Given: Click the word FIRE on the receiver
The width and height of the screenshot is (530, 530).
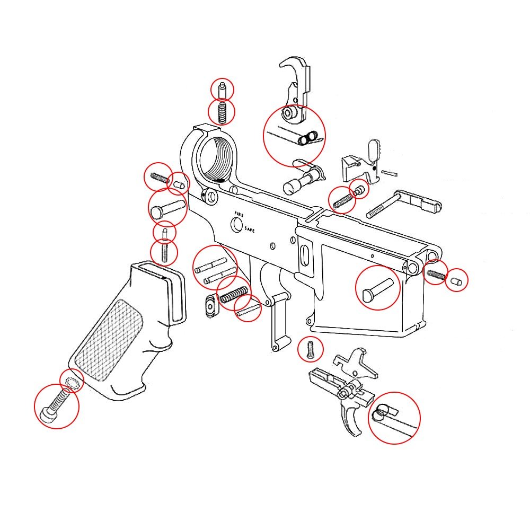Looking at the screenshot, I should tap(239, 213).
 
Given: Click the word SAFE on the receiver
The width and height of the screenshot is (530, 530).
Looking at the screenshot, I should tap(250, 230).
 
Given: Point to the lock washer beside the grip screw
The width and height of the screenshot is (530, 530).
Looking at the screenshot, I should tap(71, 381).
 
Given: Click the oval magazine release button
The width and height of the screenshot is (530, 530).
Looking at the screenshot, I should tap(210, 306).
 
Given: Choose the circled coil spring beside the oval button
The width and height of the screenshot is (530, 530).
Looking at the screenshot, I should tap(233, 293).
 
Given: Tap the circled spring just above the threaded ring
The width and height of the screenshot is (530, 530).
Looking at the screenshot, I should tap(222, 112).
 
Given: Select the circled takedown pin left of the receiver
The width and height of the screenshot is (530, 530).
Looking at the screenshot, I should tap(166, 207).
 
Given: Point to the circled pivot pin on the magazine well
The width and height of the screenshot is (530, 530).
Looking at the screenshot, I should tap(377, 287).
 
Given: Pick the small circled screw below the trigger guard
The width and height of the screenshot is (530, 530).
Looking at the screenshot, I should tap(311, 349).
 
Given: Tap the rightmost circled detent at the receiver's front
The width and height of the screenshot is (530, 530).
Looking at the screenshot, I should tap(456, 280).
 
